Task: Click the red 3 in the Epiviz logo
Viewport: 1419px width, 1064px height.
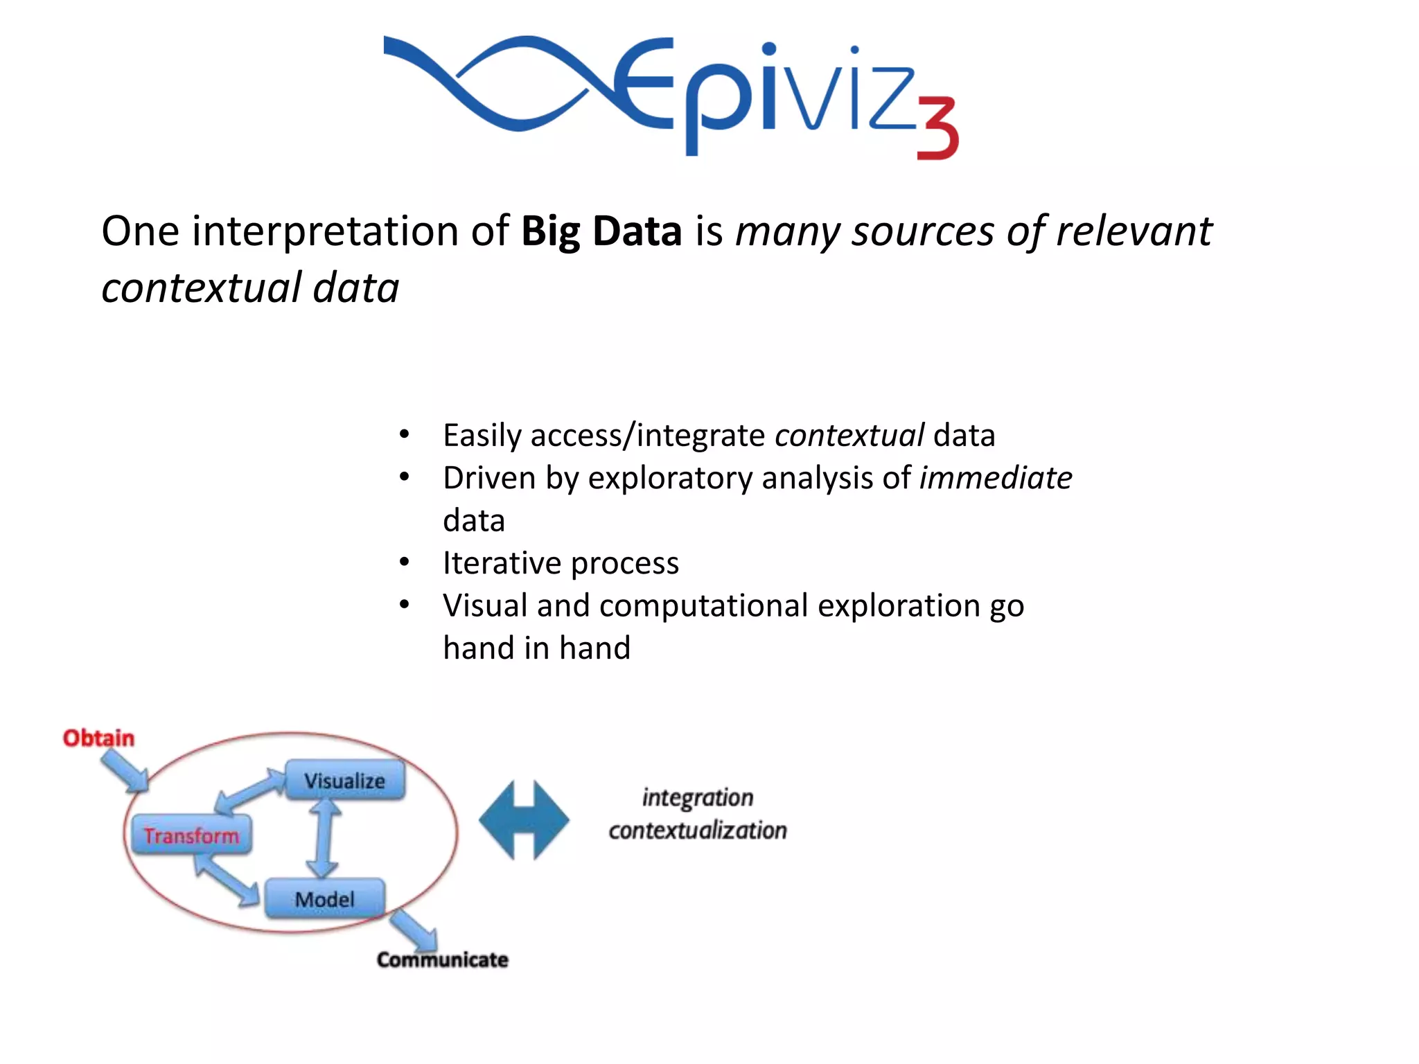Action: [938, 128]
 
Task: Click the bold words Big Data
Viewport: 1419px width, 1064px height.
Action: [601, 231]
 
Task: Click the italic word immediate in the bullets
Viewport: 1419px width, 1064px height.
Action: [995, 478]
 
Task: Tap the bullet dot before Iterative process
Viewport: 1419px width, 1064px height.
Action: [405, 562]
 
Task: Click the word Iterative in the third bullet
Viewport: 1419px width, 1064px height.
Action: [501, 562]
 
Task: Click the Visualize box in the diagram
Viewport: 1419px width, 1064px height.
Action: [345, 781]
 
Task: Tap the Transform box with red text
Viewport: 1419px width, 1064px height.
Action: [191, 835]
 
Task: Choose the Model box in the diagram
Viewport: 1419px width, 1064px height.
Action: [324, 899]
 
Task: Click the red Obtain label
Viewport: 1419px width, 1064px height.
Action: [98, 738]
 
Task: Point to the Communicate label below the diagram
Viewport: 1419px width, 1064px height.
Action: [442, 959]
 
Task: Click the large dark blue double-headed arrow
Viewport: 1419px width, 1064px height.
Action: [524, 820]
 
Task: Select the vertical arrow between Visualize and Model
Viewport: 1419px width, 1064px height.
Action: [323, 838]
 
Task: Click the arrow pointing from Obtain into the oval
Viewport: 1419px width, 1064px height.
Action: [125, 771]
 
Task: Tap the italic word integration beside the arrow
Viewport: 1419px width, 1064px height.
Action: [697, 797]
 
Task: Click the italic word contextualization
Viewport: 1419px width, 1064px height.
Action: [697, 830]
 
